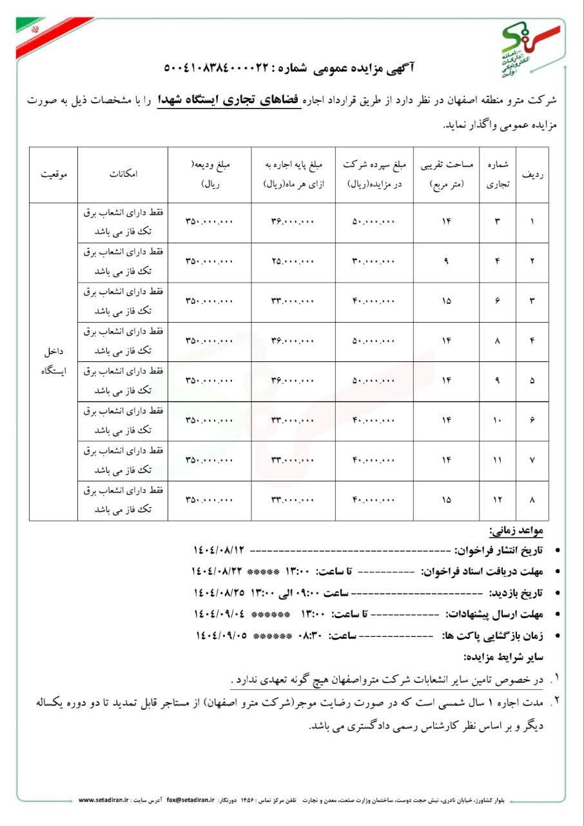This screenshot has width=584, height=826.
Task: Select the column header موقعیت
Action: pyautogui.click(x=54, y=174)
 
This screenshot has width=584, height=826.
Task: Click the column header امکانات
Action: pyautogui.click(x=123, y=174)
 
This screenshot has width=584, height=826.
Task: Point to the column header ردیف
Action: pyautogui.click(x=532, y=174)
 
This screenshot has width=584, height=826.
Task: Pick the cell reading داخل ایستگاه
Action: pyautogui.click(x=54, y=362)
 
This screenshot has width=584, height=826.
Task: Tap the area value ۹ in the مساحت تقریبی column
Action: pyautogui.click(x=447, y=261)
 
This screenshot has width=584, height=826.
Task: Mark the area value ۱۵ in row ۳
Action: pyautogui.click(x=447, y=301)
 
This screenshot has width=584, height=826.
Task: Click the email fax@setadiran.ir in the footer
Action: pyautogui.click(x=190, y=800)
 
